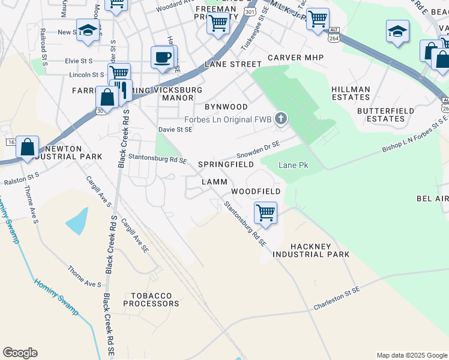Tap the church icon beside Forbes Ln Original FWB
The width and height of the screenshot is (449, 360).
(x=280, y=119)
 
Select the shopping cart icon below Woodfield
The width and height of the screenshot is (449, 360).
(x=265, y=212)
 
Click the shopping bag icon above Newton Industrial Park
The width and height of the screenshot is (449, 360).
(x=28, y=147)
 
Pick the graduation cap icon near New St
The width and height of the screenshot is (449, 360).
(x=88, y=31)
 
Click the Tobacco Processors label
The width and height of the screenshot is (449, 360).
(x=148, y=299)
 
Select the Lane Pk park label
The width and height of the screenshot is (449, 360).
(x=294, y=165)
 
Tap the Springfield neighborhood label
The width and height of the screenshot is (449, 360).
(x=231, y=164)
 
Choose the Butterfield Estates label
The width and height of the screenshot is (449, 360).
(x=381, y=115)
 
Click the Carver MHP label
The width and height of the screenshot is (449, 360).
(x=295, y=58)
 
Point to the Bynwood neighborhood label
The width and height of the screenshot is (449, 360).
(x=226, y=106)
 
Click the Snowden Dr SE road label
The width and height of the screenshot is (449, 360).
(x=258, y=149)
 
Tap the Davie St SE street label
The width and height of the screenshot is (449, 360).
(x=175, y=129)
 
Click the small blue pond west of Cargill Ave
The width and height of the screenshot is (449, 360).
(x=77, y=223)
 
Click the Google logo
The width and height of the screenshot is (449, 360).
(x=20, y=353)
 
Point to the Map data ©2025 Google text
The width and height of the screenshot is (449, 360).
(x=411, y=355)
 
